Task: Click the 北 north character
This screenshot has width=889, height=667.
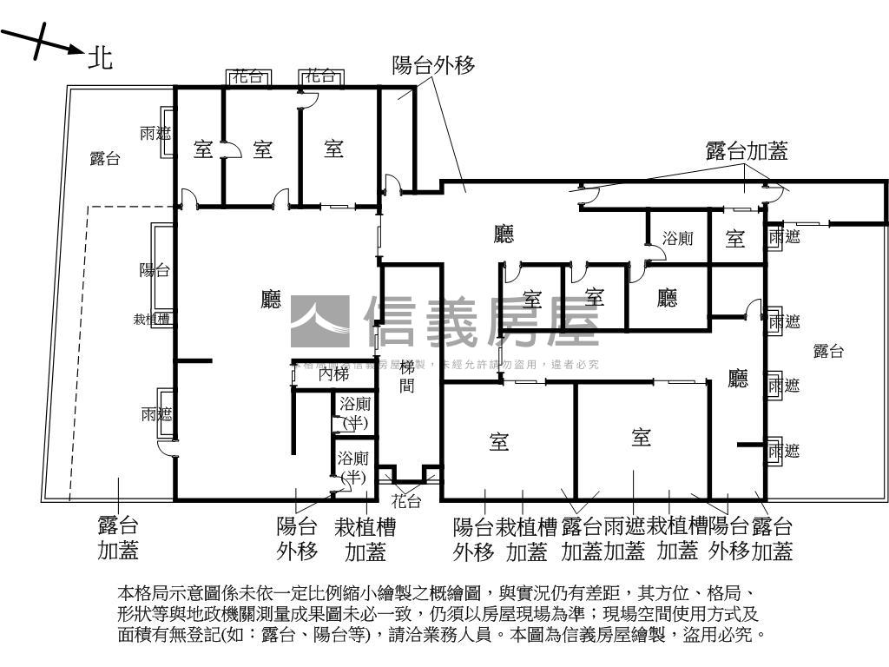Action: pyautogui.click(x=101, y=58)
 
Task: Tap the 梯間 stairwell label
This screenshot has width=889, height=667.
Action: pyautogui.click(x=406, y=376)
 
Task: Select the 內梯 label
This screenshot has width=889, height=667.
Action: pyautogui.click(x=334, y=375)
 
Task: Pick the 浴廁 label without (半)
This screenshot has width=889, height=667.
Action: pyautogui.click(x=677, y=238)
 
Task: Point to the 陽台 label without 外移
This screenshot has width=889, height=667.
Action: pyautogui.click(x=155, y=270)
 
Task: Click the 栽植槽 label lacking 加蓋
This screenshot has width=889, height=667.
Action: pyautogui.click(x=151, y=319)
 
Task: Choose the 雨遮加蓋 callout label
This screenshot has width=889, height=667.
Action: pyautogui.click(x=624, y=538)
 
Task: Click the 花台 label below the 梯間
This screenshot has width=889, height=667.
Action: pyautogui.click(x=405, y=501)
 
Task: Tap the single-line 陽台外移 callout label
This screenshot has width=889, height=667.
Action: pyautogui.click(x=433, y=65)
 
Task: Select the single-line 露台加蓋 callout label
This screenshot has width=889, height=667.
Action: pyautogui.click(x=747, y=152)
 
